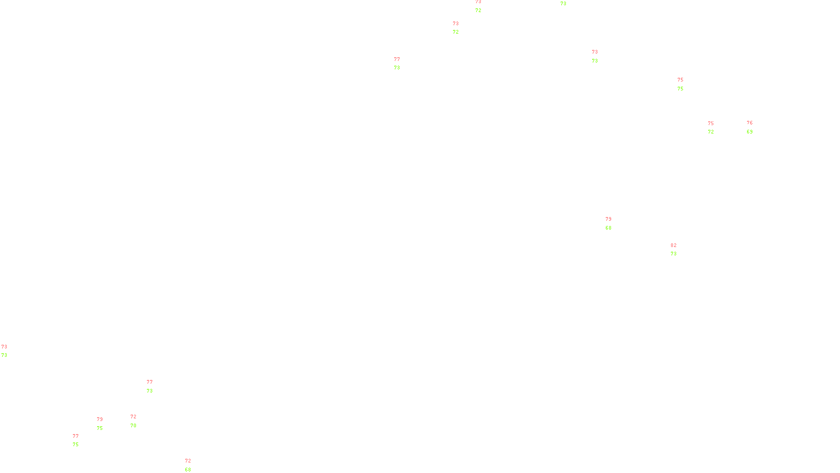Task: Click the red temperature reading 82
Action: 674,245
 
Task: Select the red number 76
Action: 750,123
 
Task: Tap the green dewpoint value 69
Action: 750,132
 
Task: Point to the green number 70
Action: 133,426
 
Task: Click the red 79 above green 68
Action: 608,219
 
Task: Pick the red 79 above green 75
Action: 100,419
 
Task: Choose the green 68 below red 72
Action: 188,470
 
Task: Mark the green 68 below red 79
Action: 608,228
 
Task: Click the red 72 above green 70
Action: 133,417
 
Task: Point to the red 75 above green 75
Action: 680,80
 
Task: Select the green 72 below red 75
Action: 711,132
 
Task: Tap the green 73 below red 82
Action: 674,254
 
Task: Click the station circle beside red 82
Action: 678,250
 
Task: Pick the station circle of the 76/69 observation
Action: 754,127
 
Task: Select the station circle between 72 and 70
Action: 138,421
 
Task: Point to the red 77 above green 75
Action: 76,436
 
